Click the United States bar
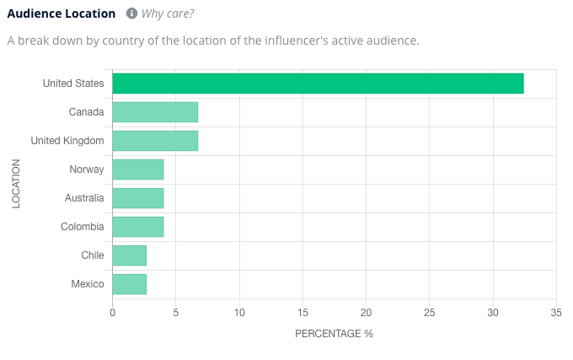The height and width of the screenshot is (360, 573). coord(318,83)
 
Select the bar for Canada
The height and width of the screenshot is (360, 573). coord(155,112)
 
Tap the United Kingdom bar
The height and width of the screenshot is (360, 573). coord(155,141)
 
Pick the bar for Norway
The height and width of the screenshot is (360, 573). coord(138,169)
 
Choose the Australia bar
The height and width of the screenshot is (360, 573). coord(138,198)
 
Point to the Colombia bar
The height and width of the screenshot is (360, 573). coord(138,227)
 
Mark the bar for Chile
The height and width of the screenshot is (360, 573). coord(129,255)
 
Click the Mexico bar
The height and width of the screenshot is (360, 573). coord(129,284)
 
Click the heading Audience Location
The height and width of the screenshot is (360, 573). coord(62,13)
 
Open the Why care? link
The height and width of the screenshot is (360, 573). coord(169,13)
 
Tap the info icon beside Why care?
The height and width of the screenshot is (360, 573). coord(131,13)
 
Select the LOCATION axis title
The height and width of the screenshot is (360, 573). coord(17,184)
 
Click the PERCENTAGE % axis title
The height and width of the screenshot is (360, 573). coord(334,334)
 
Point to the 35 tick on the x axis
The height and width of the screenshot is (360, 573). coord(556,313)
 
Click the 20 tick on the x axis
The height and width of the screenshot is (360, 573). coord(367,313)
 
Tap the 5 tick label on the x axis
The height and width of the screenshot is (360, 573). coord(176,313)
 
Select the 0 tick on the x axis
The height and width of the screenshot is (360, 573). coord(112,313)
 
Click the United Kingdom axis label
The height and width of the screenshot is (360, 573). coord(67,141)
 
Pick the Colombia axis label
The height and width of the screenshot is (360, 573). coord(83,227)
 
